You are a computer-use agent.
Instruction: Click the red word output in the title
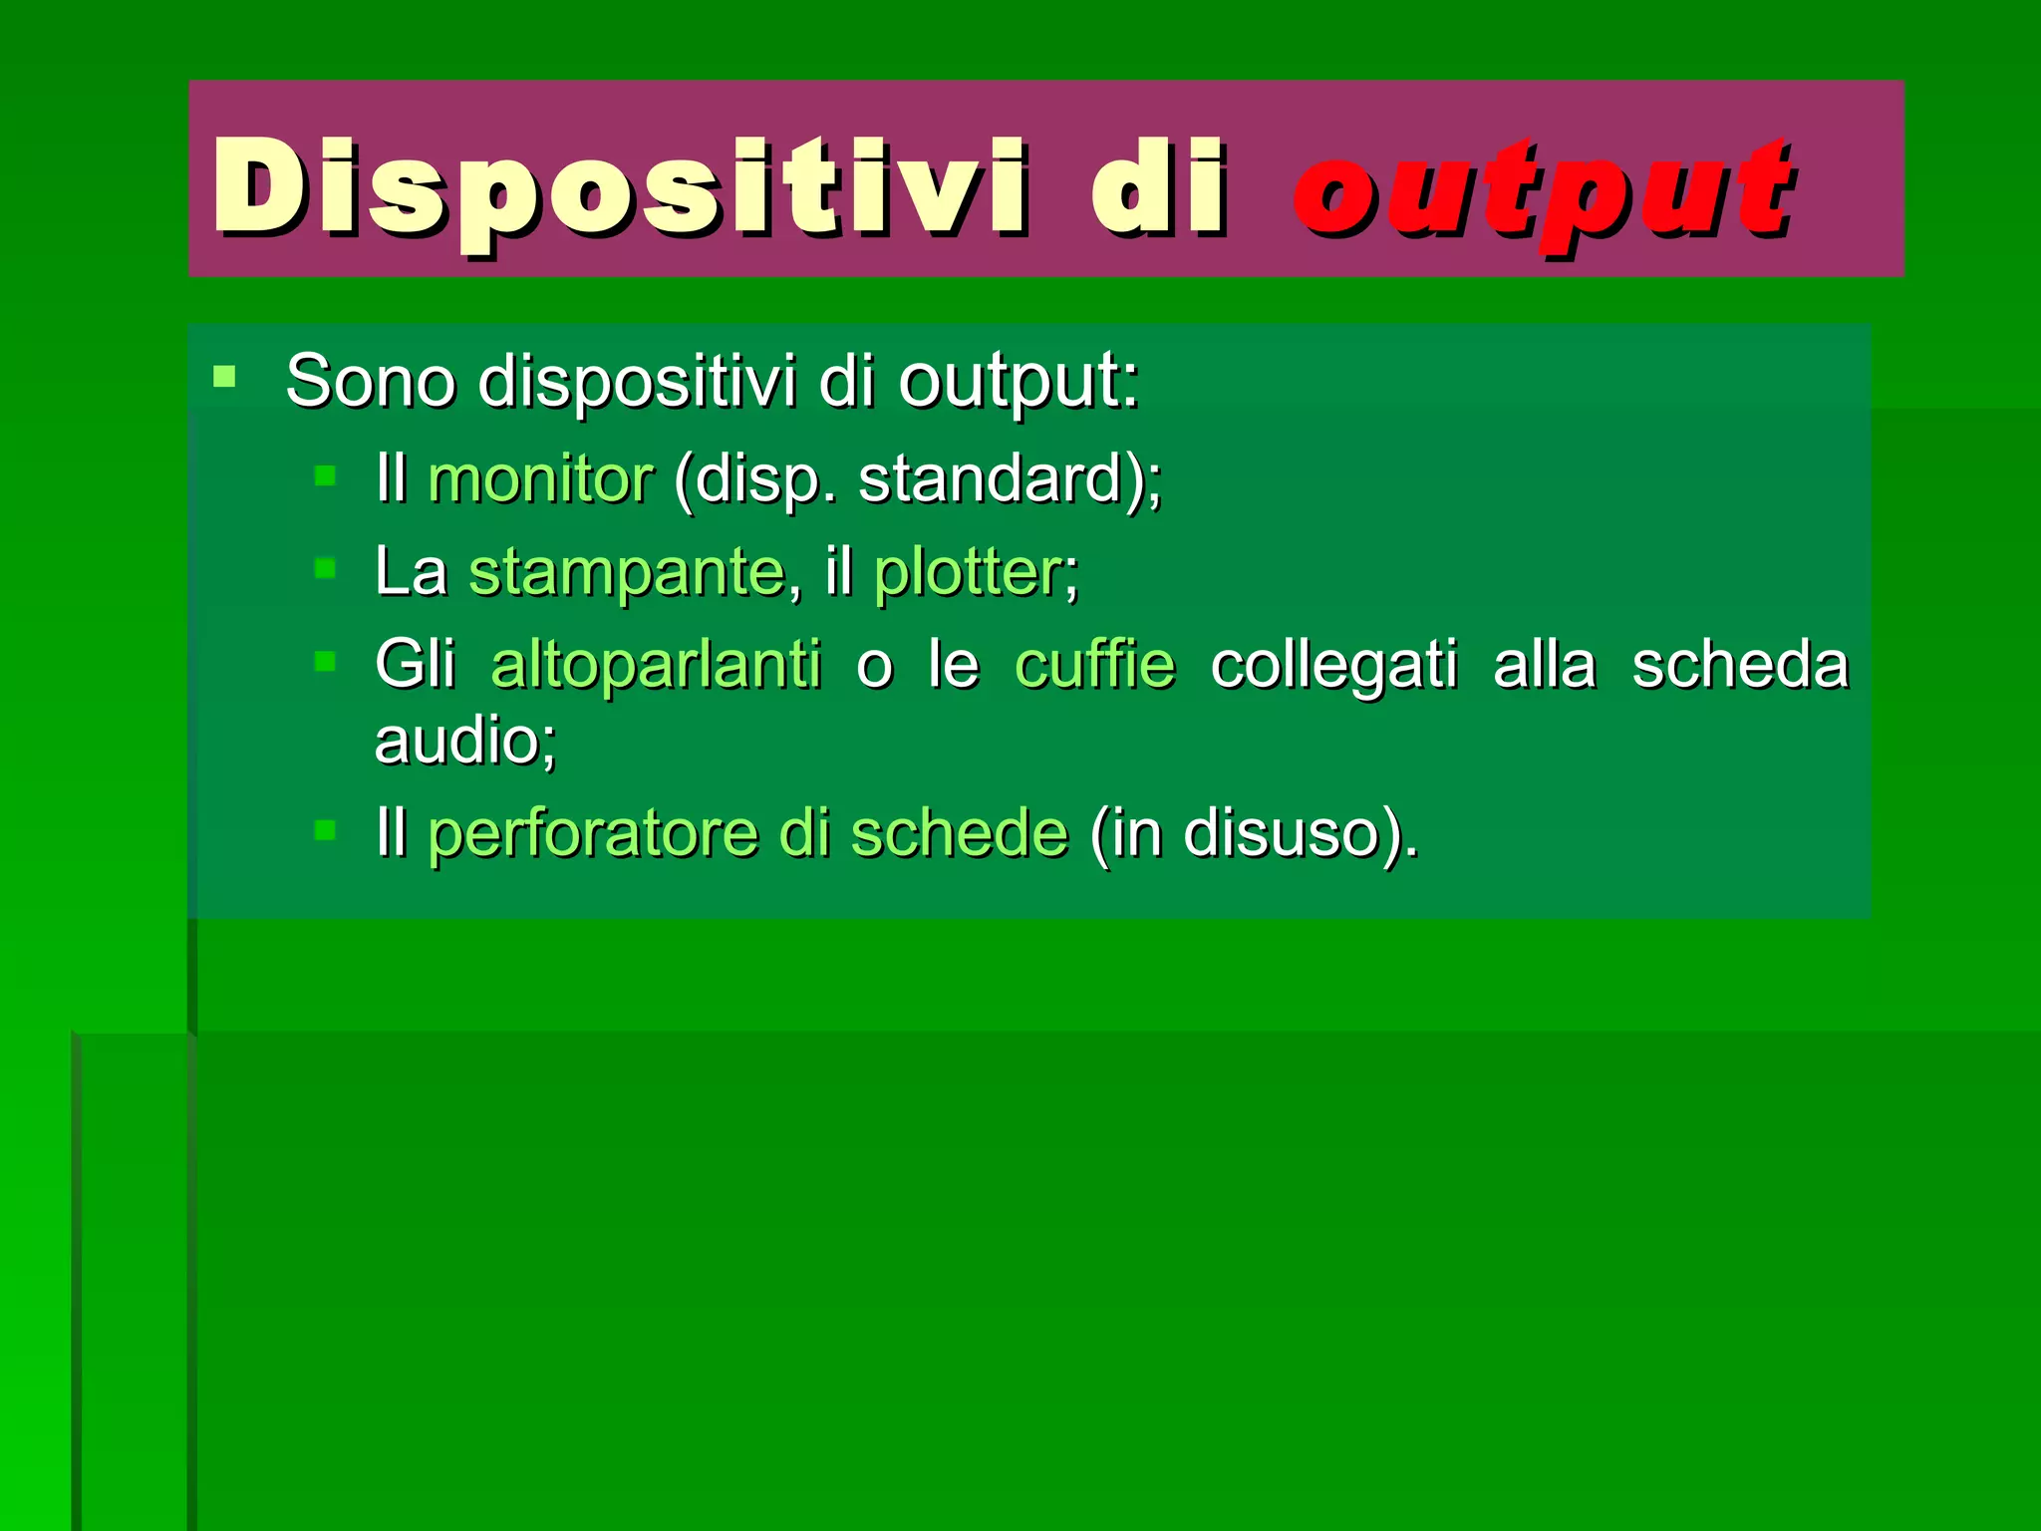pyautogui.click(x=1543, y=189)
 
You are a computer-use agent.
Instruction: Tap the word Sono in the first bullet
pyautogui.click(x=371, y=381)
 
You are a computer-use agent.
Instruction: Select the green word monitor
pyautogui.click(x=540, y=479)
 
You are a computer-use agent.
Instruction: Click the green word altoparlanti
pyautogui.click(x=656, y=665)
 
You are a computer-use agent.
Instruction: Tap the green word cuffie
pyautogui.click(x=1094, y=665)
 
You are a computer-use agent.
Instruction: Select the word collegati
pyautogui.click(x=1333, y=665)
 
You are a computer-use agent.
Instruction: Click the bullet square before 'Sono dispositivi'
pyautogui.click(x=224, y=377)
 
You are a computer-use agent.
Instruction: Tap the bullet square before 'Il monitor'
pyautogui.click(x=325, y=475)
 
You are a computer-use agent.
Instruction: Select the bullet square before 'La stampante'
pyautogui.click(x=325, y=569)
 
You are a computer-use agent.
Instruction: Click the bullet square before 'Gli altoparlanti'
pyautogui.click(x=325, y=661)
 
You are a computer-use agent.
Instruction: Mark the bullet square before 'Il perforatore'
pyautogui.click(x=325, y=829)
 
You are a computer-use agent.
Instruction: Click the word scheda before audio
pyautogui.click(x=1739, y=665)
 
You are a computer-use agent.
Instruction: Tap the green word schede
pyautogui.click(x=959, y=833)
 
